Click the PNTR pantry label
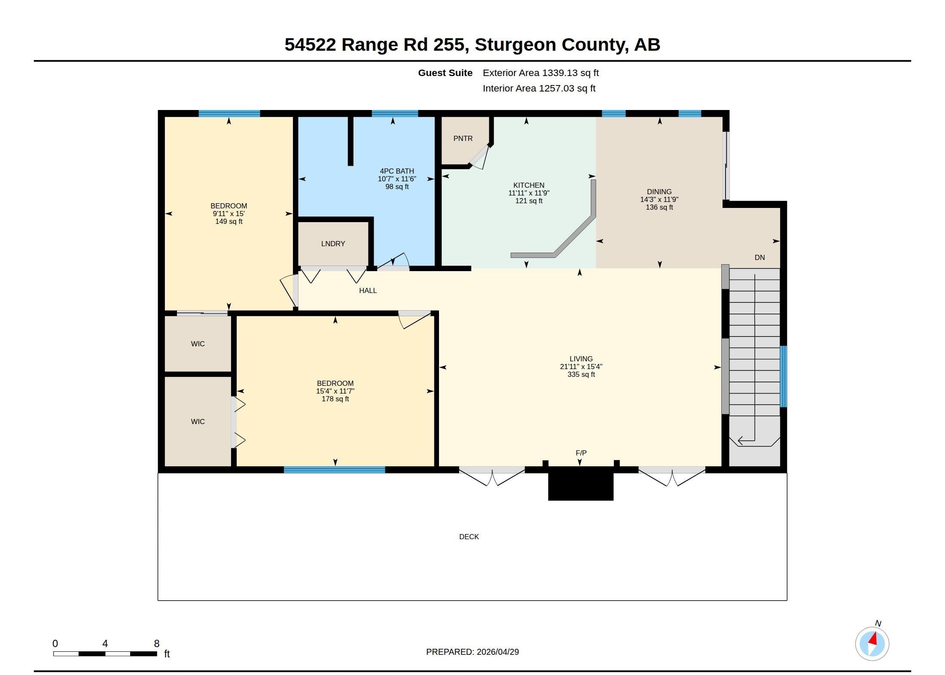463,138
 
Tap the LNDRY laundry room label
333,244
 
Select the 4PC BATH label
397,171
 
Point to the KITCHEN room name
529,185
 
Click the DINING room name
659,192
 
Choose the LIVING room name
581,359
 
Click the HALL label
368,290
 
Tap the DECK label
469,537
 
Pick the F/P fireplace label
581,453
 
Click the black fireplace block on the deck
581,484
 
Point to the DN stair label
760,257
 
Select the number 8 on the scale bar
157,644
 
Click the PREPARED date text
472,652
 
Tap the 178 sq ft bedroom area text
335,399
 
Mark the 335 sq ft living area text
581,374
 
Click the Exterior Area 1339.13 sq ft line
541,73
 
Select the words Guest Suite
445,73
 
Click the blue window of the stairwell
783,376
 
